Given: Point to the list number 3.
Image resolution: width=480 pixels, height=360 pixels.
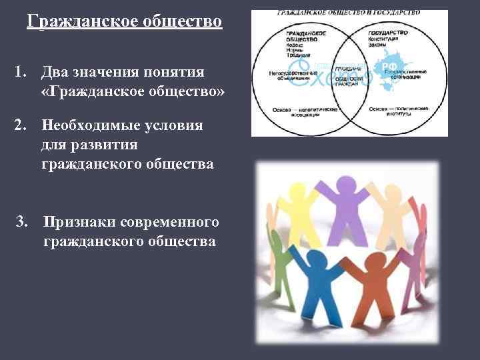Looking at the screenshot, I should tap(22, 220).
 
